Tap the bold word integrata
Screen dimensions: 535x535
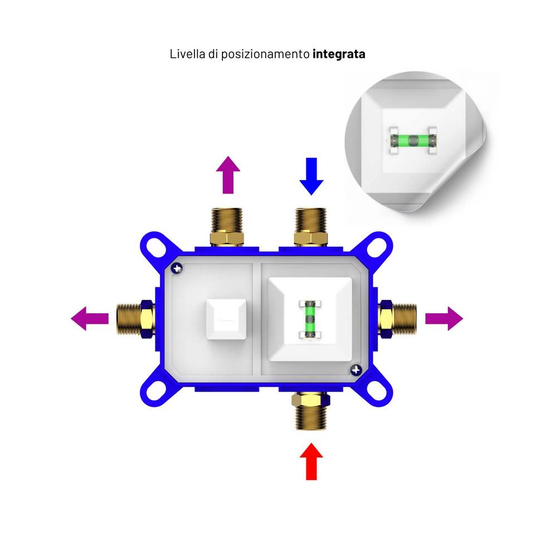pyautogui.click(x=339, y=55)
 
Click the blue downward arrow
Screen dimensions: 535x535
pyautogui.click(x=311, y=176)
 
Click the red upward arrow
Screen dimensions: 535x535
pyautogui.click(x=311, y=461)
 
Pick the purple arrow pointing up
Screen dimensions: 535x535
pyautogui.click(x=227, y=175)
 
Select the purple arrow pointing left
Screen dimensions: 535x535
pyautogui.click(x=90, y=319)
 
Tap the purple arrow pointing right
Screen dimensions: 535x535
pyautogui.click(x=444, y=319)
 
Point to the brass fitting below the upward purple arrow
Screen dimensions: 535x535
pyautogui.click(x=227, y=227)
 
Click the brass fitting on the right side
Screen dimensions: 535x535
pyautogui.click(x=397, y=319)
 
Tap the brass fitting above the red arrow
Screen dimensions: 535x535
pyautogui.click(x=312, y=410)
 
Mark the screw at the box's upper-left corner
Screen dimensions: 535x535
pyautogui.click(x=178, y=268)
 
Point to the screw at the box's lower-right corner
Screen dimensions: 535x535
pyautogui.click(x=354, y=369)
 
